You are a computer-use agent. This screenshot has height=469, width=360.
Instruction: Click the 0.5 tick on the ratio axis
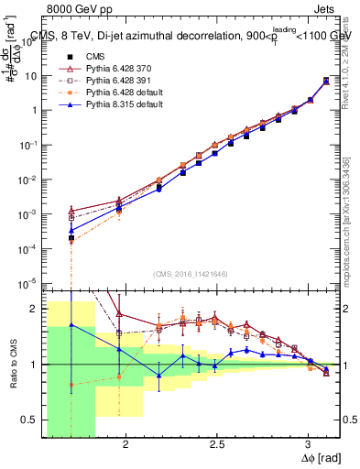click(x=33, y=420)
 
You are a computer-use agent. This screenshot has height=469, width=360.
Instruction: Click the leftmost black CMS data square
click(x=71, y=238)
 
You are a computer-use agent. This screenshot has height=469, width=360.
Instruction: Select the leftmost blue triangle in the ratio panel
click(x=71, y=325)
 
